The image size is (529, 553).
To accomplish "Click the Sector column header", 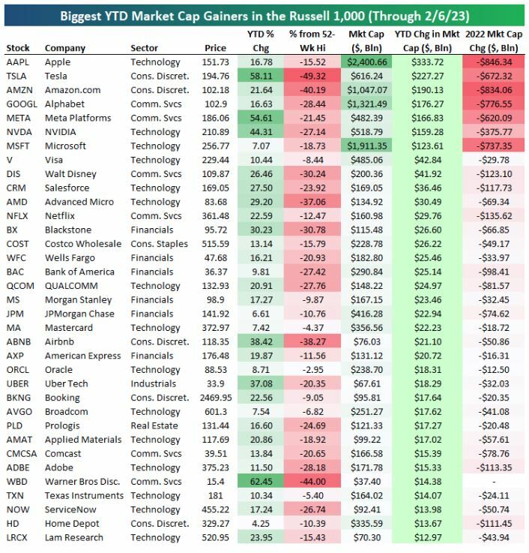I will coord(144,48).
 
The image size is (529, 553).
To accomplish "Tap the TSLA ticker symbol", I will coord(18,76).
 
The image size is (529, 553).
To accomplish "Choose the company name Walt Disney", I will coord(71,174).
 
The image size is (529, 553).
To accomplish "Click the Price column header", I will coord(215,48).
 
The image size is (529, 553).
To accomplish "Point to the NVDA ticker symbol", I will coord(19,132).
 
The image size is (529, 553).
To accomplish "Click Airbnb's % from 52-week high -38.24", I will coord(315,342).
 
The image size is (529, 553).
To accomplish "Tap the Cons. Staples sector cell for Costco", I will coord(160,244).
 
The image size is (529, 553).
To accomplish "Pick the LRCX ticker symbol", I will coord(18,537).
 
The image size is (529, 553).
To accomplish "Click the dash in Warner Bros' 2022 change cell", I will coord(495,482).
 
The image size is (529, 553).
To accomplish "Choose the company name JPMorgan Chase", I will coord(79,314).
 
